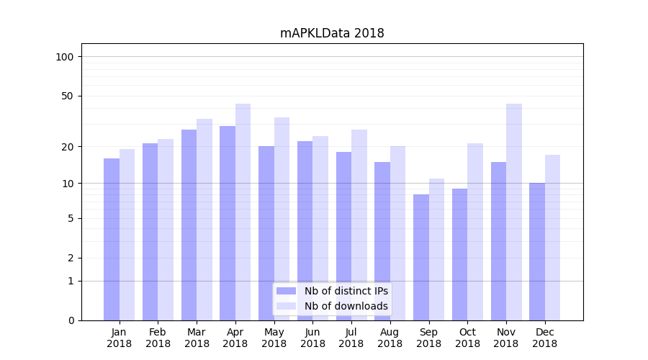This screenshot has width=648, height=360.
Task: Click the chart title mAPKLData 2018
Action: [x=332, y=33]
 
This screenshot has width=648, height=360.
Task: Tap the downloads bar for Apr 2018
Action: [x=243, y=212]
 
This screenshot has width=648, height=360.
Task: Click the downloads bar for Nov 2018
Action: [x=513, y=212]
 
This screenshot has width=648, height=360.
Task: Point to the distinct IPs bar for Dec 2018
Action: [x=537, y=251]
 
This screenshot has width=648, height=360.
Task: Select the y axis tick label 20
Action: [x=68, y=147]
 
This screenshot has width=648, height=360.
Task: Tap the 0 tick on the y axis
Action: [x=71, y=320]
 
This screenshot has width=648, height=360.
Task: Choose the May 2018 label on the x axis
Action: [x=274, y=338]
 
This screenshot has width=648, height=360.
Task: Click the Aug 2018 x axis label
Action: [x=390, y=338]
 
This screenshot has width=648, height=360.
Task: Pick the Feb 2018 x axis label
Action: [x=158, y=338]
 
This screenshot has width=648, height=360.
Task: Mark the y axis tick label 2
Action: [x=71, y=258]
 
